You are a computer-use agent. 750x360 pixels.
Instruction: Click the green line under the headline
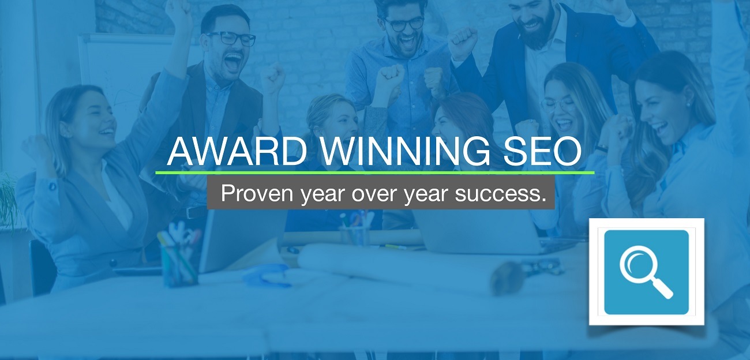[x=375, y=173]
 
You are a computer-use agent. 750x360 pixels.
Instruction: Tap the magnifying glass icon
[x=646, y=272]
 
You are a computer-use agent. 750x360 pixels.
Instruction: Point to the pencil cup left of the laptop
[x=178, y=265]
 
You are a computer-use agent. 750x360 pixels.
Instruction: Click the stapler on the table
[x=267, y=275]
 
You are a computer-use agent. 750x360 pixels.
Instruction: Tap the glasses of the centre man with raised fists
[x=404, y=24]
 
